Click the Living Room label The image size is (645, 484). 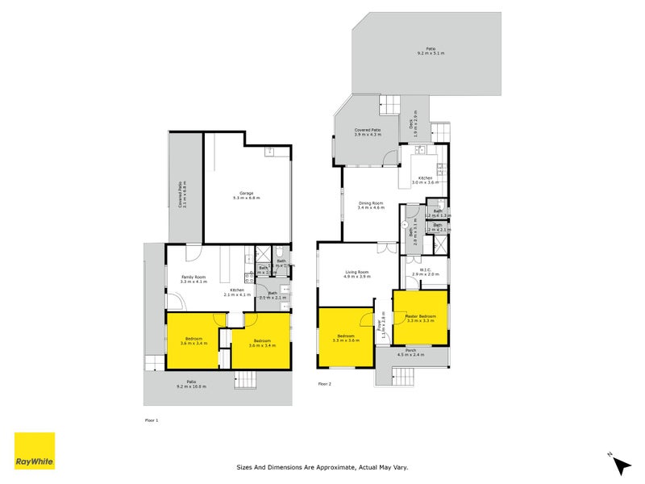click(357, 273)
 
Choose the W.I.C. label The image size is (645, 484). click(425, 272)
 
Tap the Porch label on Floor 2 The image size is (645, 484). click(410, 352)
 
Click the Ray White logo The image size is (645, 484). click(35, 451)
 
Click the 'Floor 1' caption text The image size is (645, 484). click(152, 420)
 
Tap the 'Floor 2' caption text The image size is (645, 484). click(324, 384)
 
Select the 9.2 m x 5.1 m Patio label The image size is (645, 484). click(431, 51)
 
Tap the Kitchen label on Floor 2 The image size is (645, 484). click(425, 180)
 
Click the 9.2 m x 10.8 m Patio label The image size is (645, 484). click(192, 384)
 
